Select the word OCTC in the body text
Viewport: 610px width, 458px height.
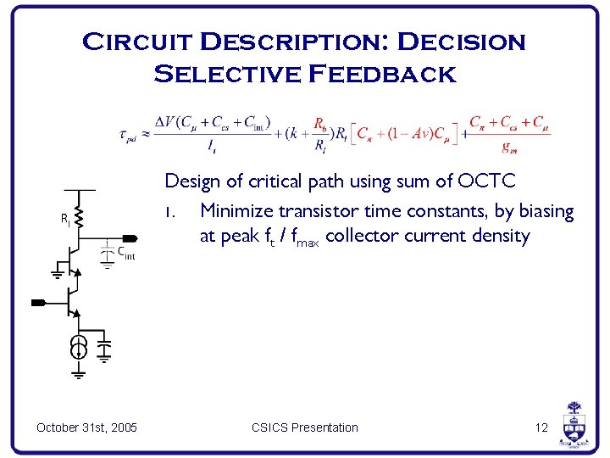coord(486,181)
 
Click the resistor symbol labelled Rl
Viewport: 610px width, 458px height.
coord(78,220)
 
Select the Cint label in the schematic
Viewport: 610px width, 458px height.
coord(125,253)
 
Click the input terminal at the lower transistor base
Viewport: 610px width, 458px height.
coord(38,301)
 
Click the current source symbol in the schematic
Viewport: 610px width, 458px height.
coord(78,346)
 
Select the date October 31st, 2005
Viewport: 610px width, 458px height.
coord(87,427)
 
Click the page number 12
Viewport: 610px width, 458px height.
coord(541,427)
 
